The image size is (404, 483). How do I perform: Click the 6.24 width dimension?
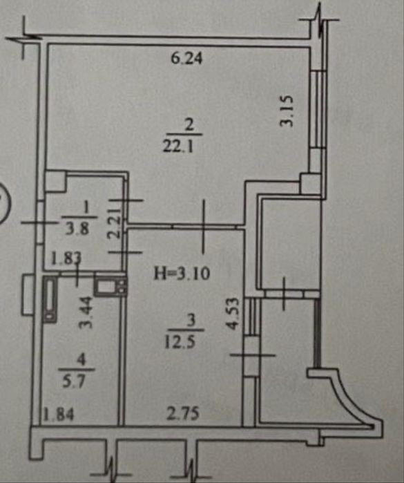[186, 58]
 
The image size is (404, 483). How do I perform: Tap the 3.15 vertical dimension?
[286, 111]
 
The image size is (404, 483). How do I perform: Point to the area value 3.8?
[77, 228]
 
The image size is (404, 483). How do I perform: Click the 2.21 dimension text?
[114, 222]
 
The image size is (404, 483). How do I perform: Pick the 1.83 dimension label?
[66, 259]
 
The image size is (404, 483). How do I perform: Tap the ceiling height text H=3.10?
[182, 273]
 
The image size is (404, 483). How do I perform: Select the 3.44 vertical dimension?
[86, 312]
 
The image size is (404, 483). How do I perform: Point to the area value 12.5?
[180, 341]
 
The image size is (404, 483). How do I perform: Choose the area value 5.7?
[74, 382]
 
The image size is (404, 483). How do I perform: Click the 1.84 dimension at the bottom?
[59, 415]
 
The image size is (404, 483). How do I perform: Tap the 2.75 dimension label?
[183, 414]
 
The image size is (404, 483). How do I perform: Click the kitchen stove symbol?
[110, 285]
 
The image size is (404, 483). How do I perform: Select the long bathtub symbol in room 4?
[50, 299]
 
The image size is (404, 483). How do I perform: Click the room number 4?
[82, 361]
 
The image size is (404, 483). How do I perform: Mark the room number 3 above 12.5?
[191, 321]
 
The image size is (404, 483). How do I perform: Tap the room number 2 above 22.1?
[189, 125]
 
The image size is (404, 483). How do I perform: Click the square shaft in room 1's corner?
[56, 182]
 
